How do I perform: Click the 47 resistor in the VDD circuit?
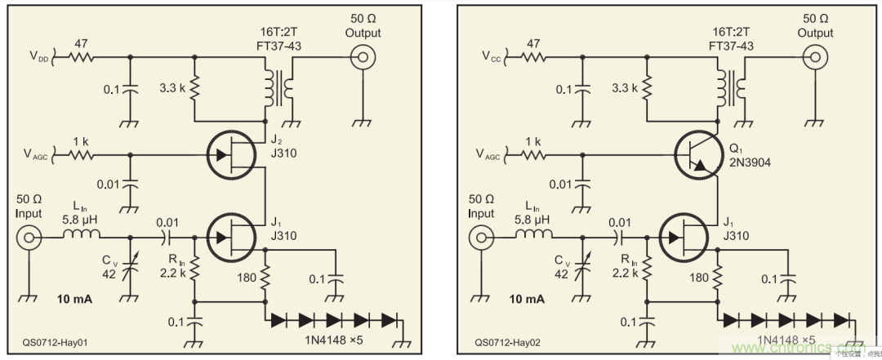[x=81, y=58]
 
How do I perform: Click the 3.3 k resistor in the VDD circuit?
[x=194, y=86]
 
